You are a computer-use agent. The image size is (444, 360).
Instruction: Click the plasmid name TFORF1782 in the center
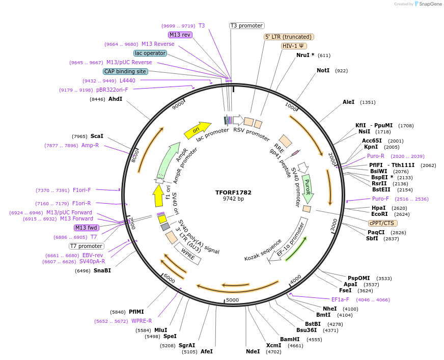point(233,192)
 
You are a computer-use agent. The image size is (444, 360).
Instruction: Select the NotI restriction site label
point(323,70)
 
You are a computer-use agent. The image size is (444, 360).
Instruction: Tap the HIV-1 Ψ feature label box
point(294,46)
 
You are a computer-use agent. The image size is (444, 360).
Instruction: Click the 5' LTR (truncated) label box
point(289,37)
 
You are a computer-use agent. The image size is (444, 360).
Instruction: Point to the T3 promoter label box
point(246,25)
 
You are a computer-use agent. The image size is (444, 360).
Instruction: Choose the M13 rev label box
point(180,35)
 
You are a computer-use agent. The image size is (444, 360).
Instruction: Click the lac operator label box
point(150,53)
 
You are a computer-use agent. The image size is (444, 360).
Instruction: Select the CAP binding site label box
point(125,71)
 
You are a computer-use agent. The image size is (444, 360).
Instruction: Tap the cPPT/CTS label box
point(383,223)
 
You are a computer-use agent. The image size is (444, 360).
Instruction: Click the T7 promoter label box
point(87,246)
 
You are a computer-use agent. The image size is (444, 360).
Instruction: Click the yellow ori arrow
point(197,130)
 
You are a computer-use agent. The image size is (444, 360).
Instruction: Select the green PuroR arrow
point(307,187)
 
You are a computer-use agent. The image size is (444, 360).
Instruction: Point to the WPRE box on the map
point(188,254)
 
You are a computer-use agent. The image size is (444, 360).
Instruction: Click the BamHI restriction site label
point(290,339)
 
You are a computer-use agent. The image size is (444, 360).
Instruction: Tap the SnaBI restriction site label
point(102,270)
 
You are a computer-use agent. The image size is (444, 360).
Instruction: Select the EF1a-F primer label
point(340,299)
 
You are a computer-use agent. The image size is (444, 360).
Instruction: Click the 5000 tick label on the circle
point(232,300)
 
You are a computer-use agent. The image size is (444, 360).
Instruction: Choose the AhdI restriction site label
point(115,99)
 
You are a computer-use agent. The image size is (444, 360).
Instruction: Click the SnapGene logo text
point(429,4)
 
